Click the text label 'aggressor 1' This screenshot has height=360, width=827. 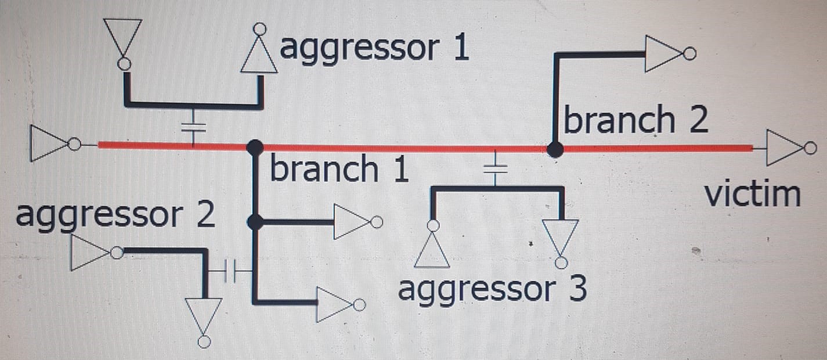(374, 50)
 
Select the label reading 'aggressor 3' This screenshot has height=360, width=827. (492, 289)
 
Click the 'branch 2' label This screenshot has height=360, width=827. (636, 121)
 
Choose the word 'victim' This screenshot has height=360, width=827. (752, 195)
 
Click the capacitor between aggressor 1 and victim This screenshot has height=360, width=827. (194, 128)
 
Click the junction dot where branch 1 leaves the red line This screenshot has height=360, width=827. (254, 146)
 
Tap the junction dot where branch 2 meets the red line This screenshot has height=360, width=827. (555, 150)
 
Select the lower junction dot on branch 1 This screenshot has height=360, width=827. (254, 221)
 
